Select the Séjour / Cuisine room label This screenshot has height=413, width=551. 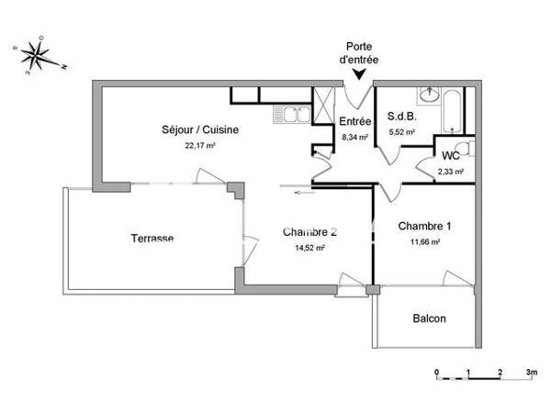tap(199, 130)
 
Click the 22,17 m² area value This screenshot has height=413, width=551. tap(199, 145)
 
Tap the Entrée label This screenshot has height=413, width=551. tap(354, 122)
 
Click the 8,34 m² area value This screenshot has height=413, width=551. tap(354, 137)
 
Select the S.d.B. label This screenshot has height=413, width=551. tap(402, 117)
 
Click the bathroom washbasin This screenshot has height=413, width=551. tap(428, 95)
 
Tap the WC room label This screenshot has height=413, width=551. tap(450, 155)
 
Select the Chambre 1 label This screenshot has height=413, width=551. tap(423, 226)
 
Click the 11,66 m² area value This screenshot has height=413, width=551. tap(423, 241)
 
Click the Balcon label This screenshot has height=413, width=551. tap(429, 318)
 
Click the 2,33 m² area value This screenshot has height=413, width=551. tap(450, 171)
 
